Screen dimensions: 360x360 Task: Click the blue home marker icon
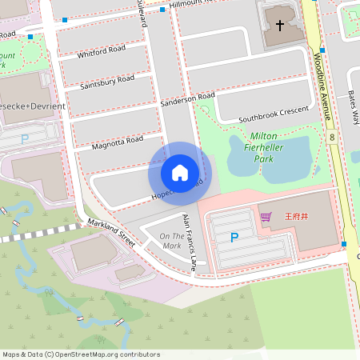click(180, 172)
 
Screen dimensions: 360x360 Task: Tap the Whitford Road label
click(101, 52)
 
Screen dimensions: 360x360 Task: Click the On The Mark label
click(171, 241)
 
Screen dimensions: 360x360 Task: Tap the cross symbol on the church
click(279, 26)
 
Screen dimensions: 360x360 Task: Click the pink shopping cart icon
click(266, 216)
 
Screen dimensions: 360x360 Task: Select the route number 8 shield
click(331, 138)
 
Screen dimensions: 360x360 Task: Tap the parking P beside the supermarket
click(234, 237)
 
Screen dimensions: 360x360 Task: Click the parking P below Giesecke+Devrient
click(25, 138)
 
